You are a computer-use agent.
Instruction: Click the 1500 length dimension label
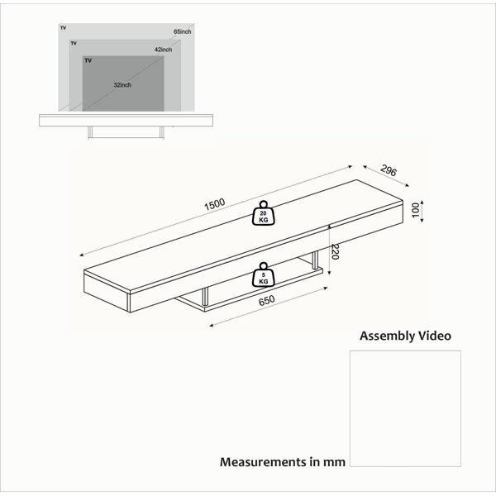coord(214,204)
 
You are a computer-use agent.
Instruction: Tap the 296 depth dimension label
coord(389,170)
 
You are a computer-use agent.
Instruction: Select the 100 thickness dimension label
coord(415,210)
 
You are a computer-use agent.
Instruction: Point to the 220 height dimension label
coord(334,252)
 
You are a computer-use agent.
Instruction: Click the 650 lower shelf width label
coord(267,301)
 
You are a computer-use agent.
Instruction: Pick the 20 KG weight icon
coord(264,213)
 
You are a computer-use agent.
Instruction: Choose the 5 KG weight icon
coord(264,274)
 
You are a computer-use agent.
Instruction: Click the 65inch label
coord(182,31)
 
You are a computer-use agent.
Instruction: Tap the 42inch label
coord(163,50)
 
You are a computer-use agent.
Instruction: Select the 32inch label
coord(122,85)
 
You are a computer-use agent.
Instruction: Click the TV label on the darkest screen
coord(88,60)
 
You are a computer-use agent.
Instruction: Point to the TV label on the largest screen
coord(64,28)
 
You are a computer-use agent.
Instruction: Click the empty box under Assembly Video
coord(405,408)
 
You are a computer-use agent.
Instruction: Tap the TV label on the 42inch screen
coord(74,43)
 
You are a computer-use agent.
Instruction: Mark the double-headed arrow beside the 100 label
coord(422,211)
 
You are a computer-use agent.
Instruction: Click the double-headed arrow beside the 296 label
coord(386,176)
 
